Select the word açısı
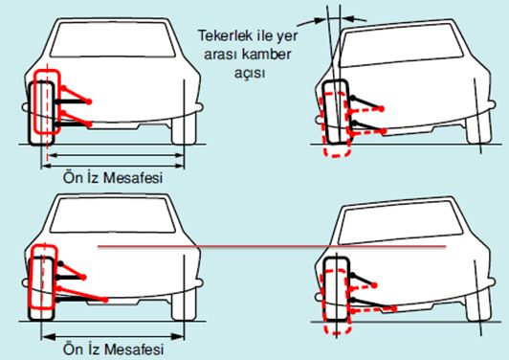click(x=250, y=73)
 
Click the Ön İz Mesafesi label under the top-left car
click(x=113, y=178)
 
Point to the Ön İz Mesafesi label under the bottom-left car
click(x=113, y=349)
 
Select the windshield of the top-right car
click(x=402, y=45)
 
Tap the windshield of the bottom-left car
click(x=112, y=215)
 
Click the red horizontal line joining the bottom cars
click(x=272, y=247)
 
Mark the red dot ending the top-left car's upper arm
click(x=89, y=101)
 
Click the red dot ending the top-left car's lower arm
click(x=90, y=124)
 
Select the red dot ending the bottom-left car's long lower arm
click(x=105, y=300)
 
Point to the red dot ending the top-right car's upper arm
click(x=382, y=108)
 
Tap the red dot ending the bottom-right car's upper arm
click(x=374, y=285)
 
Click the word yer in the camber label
click(x=287, y=36)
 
